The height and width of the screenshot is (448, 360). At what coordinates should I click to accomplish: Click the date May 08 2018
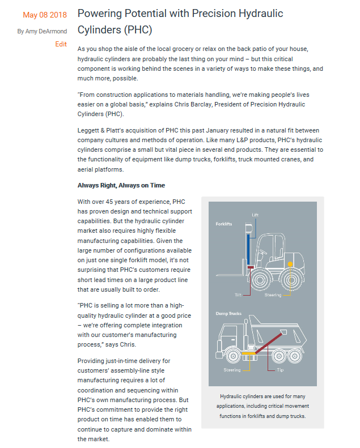pos(44,14)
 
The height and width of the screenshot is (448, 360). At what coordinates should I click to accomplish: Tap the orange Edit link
pos(61,44)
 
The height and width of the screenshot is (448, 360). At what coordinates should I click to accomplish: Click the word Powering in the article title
pos(100,13)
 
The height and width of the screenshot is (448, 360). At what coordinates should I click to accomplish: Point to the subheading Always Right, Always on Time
pos(121,185)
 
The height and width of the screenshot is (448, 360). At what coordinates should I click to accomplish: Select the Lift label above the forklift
pos(255,215)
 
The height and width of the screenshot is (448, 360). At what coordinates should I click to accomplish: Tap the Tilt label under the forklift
pos(238,295)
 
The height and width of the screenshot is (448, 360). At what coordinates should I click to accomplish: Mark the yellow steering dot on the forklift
pos(290,264)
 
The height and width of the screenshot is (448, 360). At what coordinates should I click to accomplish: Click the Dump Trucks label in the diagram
pos(228,313)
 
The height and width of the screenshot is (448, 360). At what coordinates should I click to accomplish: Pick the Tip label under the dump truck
pos(280,370)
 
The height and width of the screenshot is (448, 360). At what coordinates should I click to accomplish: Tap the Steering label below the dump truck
pos(232,370)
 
